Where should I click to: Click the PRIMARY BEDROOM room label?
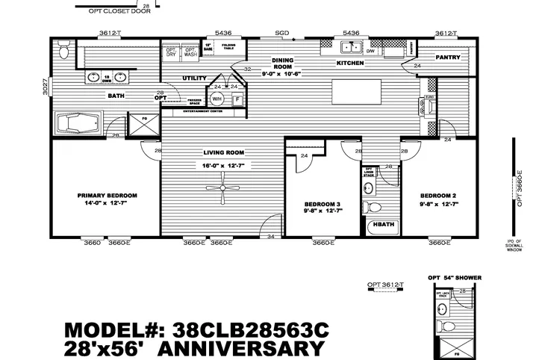pos(107,196)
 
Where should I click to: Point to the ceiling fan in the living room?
pos(223,188)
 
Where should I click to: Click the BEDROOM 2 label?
pos(437,196)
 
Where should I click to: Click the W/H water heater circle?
pos(217,99)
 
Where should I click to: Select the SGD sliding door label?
pos(281,33)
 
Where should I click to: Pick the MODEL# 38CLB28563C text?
pos(196,330)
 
